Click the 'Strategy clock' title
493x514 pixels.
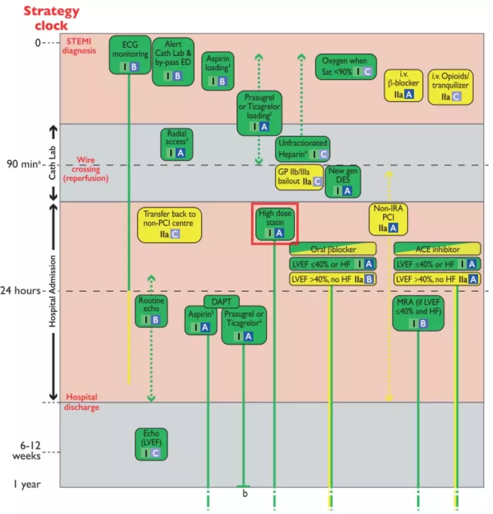tap(51, 18)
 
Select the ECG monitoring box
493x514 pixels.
tap(130, 55)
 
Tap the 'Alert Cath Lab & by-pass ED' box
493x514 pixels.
tap(173, 61)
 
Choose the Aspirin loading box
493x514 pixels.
tap(218, 71)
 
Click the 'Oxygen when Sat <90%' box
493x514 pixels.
tap(346, 67)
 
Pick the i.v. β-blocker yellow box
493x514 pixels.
tap(403, 85)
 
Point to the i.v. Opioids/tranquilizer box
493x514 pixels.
tap(450, 87)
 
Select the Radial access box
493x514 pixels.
tap(177, 144)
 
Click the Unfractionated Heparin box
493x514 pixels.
tap(303, 149)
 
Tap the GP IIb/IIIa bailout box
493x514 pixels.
tap(299, 177)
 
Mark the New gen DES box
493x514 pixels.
tap(343, 182)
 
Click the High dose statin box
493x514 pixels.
tap(275, 224)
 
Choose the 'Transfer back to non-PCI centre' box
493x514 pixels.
tap(170, 225)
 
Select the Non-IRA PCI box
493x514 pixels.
tap(388, 219)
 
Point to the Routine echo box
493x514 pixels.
tap(151, 311)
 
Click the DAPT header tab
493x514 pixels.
tap(221, 302)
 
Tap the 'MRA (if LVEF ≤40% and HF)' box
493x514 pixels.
tap(419, 313)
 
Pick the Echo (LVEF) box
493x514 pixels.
tap(151, 444)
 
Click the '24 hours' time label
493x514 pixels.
tap(20, 290)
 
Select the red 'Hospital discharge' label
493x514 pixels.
tap(81, 402)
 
